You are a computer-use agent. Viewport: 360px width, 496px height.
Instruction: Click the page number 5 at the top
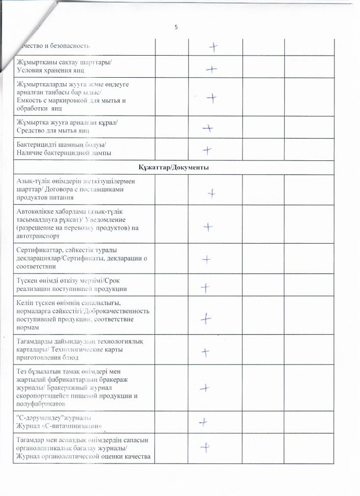click(x=176, y=27)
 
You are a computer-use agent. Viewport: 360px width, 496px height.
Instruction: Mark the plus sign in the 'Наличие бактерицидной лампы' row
click(x=208, y=150)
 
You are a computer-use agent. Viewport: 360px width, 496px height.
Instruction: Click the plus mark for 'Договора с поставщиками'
click(x=211, y=193)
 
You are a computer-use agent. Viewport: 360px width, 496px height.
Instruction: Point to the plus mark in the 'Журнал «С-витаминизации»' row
click(x=202, y=422)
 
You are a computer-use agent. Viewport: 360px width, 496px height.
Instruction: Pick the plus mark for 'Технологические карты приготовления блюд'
click(x=206, y=352)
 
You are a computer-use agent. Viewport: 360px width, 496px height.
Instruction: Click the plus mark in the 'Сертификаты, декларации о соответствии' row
click(x=207, y=258)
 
